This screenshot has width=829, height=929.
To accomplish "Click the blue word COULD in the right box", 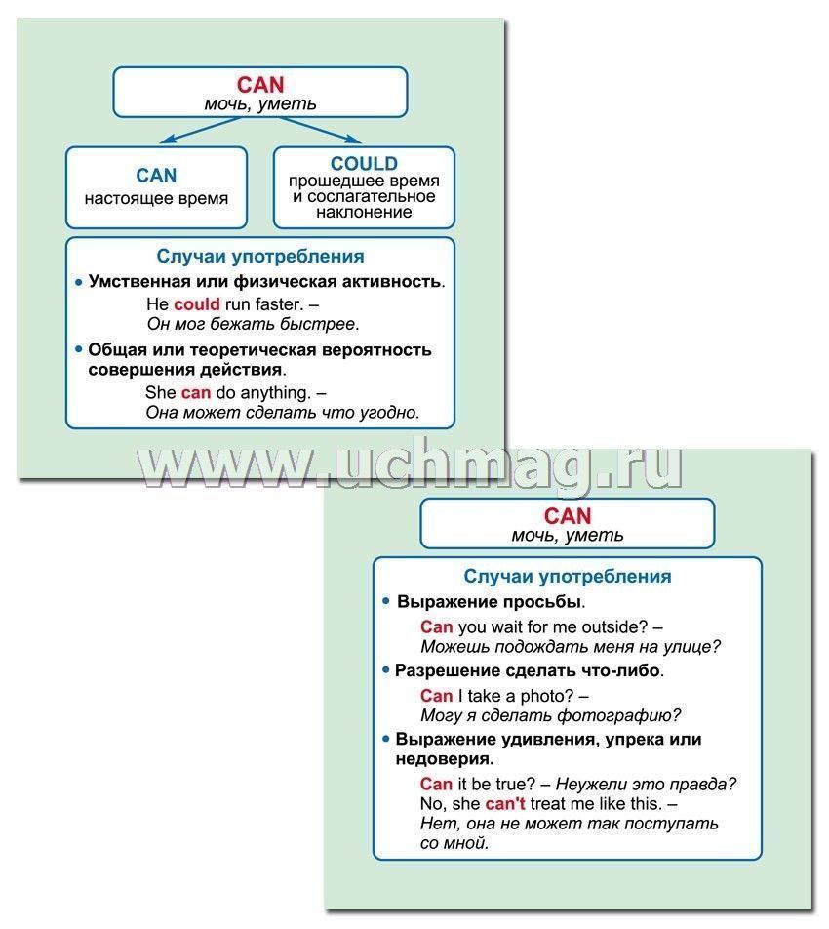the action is [x=364, y=164].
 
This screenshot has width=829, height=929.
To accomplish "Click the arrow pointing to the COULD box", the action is [x=320, y=130].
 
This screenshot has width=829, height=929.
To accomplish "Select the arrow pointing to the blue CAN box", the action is [x=201, y=130].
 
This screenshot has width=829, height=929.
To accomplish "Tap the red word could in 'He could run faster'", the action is [x=197, y=303].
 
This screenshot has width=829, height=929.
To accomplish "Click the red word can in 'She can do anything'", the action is [x=196, y=393].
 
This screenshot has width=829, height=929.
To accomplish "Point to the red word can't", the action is [x=505, y=803].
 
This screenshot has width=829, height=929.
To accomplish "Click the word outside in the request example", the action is [x=614, y=626].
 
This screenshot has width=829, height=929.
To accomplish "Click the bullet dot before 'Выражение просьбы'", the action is [x=386, y=601].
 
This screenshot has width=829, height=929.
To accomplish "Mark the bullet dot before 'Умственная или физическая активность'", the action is [x=79, y=282].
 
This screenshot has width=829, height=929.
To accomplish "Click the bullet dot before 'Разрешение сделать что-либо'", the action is [x=386, y=670].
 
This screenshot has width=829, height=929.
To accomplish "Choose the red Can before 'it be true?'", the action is [x=436, y=784].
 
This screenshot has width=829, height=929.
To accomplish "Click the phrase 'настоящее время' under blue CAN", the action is [x=156, y=198].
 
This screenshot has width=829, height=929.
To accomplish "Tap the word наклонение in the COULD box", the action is [x=364, y=212].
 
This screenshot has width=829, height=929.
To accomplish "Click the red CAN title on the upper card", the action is [x=260, y=85].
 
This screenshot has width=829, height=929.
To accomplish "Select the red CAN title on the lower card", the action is [x=568, y=516].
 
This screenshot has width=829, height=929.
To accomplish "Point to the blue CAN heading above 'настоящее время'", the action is [x=156, y=176].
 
